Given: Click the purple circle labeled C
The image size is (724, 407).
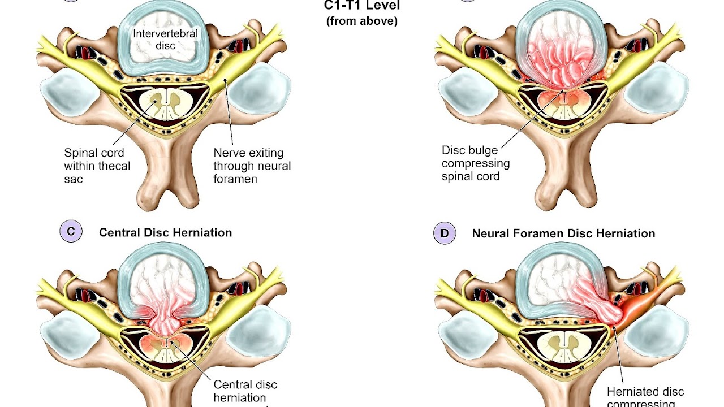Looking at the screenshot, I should click(x=71, y=232).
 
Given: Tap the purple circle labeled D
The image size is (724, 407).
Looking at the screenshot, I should click(x=444, y=233).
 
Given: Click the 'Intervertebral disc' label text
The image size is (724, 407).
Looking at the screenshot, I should click(x=165, y=38).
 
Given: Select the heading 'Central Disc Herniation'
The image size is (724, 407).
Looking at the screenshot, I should click(x=165, y=232).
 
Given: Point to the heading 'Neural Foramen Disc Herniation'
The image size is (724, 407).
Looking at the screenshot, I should click(x=563, y=233).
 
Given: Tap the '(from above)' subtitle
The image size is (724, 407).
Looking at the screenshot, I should click(x=361, y=21).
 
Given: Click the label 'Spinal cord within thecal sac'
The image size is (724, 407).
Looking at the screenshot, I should click(x=97, y=166).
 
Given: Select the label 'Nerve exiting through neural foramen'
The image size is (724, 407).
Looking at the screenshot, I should click(x=252, y=166).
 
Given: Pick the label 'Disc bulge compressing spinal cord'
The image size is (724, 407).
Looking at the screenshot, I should click(x=475, y=163).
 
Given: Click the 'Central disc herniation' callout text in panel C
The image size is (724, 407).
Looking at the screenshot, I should click(x=245, y=391).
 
